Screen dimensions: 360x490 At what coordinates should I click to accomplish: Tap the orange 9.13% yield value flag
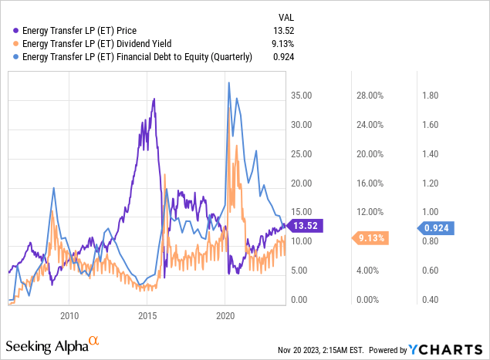371,237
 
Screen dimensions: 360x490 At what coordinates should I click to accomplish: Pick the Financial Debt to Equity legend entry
137,57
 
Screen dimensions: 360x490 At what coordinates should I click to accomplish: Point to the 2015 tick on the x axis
147,315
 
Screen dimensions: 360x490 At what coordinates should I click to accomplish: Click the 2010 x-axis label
69,315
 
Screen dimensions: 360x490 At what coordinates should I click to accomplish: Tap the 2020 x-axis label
226,315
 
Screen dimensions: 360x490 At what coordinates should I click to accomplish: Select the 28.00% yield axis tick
369,96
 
